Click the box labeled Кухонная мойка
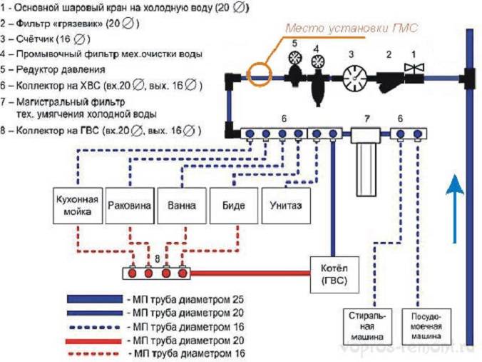78,206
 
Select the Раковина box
130,206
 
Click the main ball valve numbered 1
411,71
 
